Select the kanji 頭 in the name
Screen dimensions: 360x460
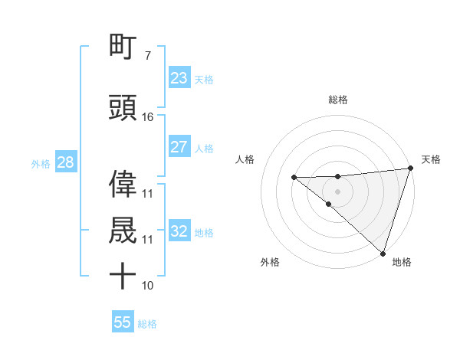pyautogui.click(x=123, y=108)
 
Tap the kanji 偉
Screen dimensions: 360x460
pyautogui.click(x=123, y=185)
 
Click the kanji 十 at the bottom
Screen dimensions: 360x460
pyautogui.click(x=123, y=277)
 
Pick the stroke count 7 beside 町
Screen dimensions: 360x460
pyautogui.click(x=147, y=56)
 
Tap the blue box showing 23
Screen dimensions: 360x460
pyautogui.click(x=179, y=78)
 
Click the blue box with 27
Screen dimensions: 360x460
pyautogui.click(x=179, y=147)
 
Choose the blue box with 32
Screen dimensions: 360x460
pyautogui.click(x=179, y=231)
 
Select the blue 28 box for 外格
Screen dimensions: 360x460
pyautogui.click(x=64, y=163)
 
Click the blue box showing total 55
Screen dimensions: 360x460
pyautogui.click(x=122, y=322)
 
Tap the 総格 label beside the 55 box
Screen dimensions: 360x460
pyautogui.click(x=148, y=324)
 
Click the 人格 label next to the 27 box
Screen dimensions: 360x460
pyautogui.click(x=204, y=149)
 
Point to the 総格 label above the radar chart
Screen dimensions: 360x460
pyautogui.click(x=337, y=100)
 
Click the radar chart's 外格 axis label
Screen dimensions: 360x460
pyautogui.click(x=270, y=262)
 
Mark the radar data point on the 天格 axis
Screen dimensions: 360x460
pyautogui.click(x=410, y=168)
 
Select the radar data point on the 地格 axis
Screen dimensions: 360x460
pyautogui.click(x=383, y=252)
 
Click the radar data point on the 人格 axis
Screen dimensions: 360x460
pyautogui.click(x=294, y=177)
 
